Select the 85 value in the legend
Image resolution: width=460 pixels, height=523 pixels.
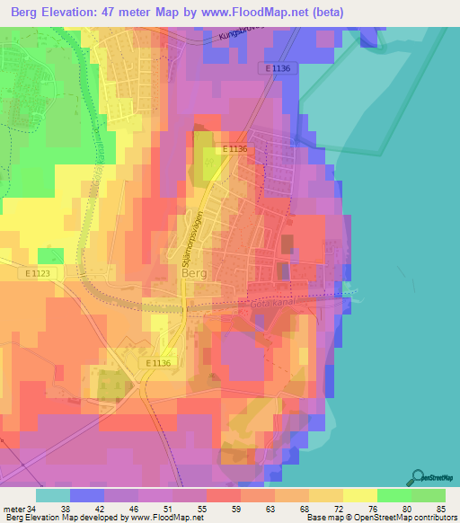coord(440,508)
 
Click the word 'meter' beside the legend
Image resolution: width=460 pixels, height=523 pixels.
coord(13,508)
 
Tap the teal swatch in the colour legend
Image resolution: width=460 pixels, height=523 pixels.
coord(52,495)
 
